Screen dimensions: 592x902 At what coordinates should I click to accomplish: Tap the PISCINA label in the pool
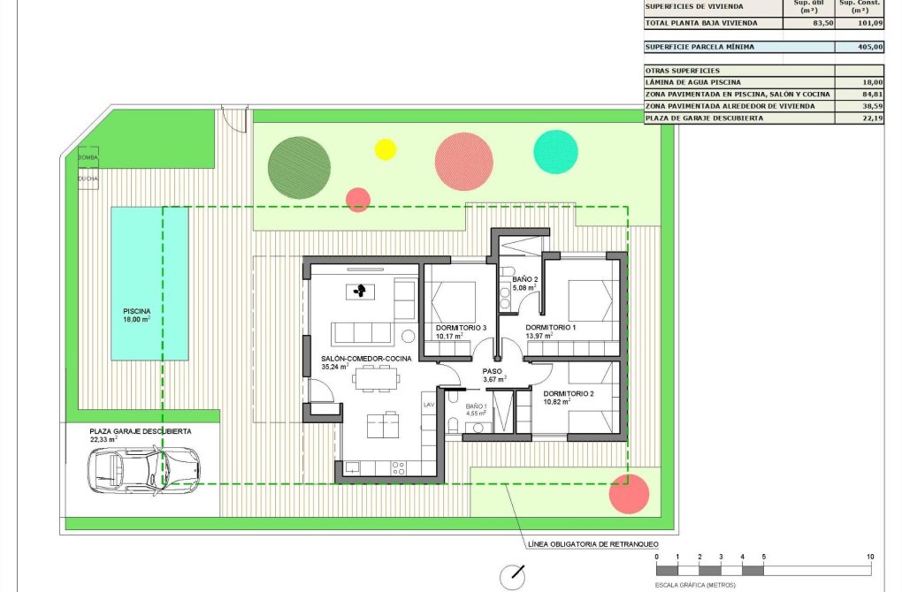tap(137, 311)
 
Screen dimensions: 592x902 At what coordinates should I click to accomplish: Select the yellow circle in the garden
tap(386, 148)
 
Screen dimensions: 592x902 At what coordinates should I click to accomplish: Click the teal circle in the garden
tap(556, 151)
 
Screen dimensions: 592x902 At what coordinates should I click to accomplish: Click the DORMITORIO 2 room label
tap(569, 393)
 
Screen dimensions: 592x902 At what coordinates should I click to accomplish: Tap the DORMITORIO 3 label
tap(461, 328)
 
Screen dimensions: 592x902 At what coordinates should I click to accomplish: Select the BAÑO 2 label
tap(525, 279)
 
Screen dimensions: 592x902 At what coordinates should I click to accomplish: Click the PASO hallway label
tap(492, 372)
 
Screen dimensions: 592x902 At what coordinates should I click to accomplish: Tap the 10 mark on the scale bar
tap(871, 557)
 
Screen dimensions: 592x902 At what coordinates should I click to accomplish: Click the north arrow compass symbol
tap(512, 577)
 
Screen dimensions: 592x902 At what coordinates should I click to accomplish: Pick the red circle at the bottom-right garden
tap(630, 494)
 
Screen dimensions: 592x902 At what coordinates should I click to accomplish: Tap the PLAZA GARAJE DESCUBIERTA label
tap(141, 431)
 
